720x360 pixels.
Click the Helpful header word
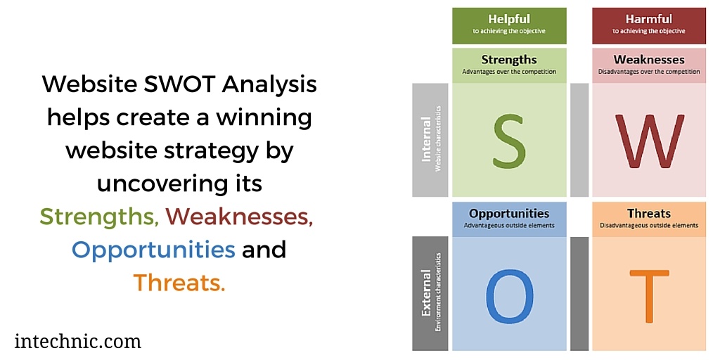click(509, 19)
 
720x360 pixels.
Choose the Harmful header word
click(649, 19)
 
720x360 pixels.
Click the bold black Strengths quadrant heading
click(509, 60)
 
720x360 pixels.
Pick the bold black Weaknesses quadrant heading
click(649, 60)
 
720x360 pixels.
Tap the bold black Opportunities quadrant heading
click(509, 213)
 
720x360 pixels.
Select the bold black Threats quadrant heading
click(649, 213)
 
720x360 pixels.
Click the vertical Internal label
click(426, 141)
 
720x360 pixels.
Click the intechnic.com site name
click(77, 342)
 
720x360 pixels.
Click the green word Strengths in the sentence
click(98, 217)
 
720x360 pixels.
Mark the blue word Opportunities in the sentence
click(153, 250)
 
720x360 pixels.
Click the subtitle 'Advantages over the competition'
click(509, 72)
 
